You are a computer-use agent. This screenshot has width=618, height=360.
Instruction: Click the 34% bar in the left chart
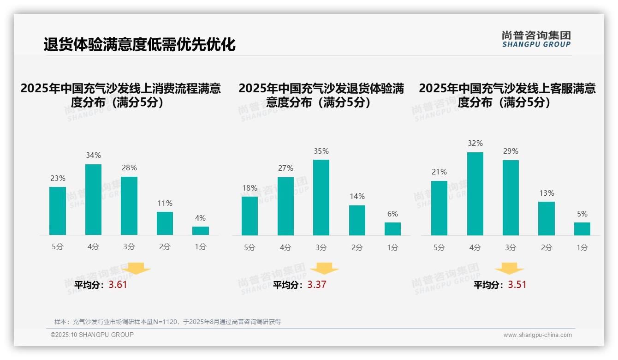93,199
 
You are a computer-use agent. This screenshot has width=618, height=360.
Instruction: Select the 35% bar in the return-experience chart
321,198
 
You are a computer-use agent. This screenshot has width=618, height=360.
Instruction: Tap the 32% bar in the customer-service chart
475,194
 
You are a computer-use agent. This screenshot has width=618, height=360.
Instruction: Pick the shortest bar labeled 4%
200,230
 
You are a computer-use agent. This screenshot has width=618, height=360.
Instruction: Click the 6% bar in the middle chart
392,228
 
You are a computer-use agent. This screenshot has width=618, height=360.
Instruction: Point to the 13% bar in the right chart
547,218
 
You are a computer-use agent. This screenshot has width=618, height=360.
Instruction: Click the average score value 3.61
118,285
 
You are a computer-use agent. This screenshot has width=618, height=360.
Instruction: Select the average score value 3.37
317,285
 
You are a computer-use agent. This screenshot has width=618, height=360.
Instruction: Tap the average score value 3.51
517,285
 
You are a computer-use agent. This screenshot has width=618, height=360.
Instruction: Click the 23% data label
58,178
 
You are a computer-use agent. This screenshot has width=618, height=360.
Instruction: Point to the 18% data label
250,188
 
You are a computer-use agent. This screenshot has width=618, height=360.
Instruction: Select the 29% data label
511,151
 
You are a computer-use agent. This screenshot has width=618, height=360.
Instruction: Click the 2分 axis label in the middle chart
357,247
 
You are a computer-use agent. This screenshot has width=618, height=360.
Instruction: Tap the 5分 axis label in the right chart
439,247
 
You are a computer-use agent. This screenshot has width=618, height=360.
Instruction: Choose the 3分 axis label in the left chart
129,247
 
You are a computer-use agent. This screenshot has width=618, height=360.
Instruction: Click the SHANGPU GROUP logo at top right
536,39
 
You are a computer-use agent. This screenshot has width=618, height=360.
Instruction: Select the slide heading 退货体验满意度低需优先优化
139,44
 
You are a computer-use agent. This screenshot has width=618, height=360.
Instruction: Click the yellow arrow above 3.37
324,269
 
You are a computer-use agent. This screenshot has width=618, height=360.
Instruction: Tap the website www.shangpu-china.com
537,335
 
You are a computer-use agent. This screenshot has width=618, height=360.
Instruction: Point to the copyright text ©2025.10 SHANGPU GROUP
92,335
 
